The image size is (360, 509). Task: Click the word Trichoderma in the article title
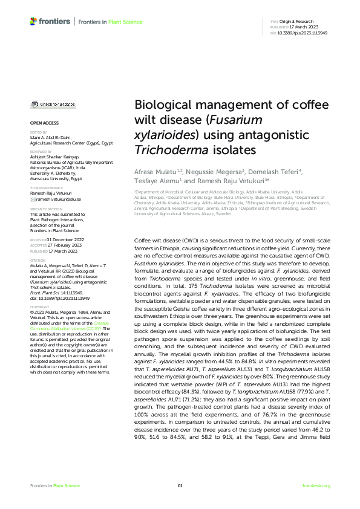click(x=160, y=148)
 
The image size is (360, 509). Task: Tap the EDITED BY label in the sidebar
click(x=38, y=131)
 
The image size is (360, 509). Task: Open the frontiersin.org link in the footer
click(x=316, y=486)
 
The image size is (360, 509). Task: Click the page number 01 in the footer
click(x=180, y=486)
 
